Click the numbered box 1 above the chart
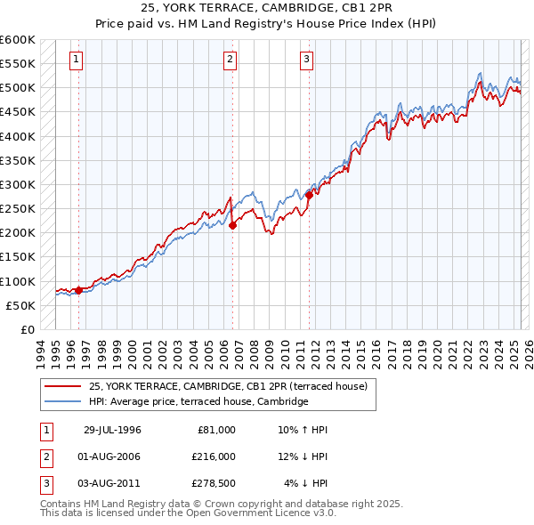point(77,60)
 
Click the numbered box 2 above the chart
point(230,60)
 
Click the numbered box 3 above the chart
point(306,60)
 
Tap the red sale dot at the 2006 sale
point(232,225)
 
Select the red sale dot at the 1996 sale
point(78,290)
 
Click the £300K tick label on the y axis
point(18,184)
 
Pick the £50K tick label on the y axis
point(20,305)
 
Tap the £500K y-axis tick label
point(18,87)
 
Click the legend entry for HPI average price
point(198,402)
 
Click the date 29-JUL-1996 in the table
point(112,430)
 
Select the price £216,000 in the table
point(214,456)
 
